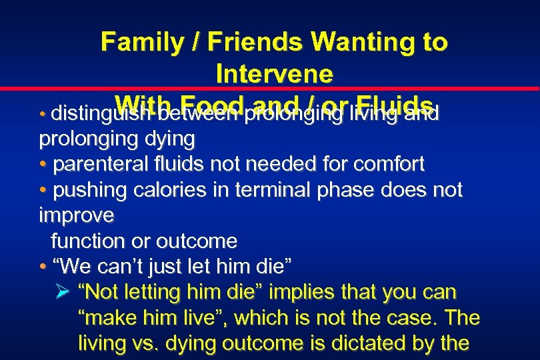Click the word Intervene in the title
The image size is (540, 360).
[x=274, y=73]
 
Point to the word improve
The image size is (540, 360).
[x=77, y=215]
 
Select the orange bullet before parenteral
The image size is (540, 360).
[x=43, y=165]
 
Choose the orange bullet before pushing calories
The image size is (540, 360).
[x=43, y=191]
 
